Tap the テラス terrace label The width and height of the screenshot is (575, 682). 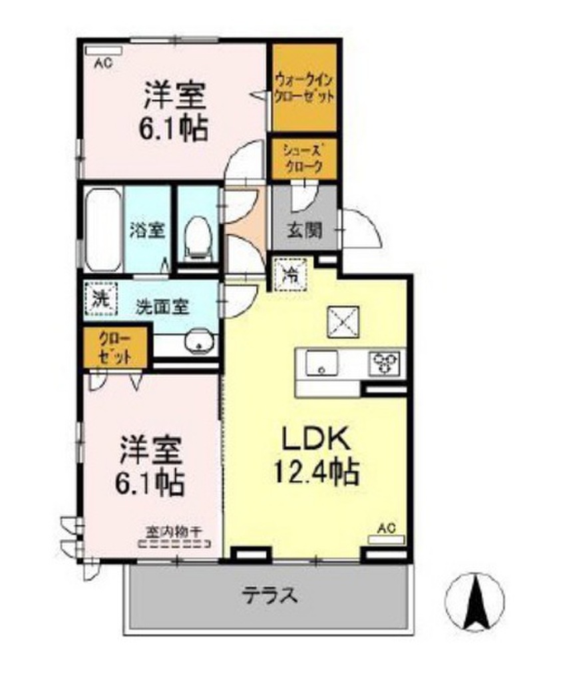268,595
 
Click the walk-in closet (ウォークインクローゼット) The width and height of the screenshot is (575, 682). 304,87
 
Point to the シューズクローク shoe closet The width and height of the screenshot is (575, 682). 303,159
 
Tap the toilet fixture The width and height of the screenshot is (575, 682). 198,238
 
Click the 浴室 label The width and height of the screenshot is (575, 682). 146,230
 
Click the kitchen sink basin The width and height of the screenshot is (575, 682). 322,364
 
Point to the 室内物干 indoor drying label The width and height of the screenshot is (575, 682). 174,532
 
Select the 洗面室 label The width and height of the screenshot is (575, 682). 163,308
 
